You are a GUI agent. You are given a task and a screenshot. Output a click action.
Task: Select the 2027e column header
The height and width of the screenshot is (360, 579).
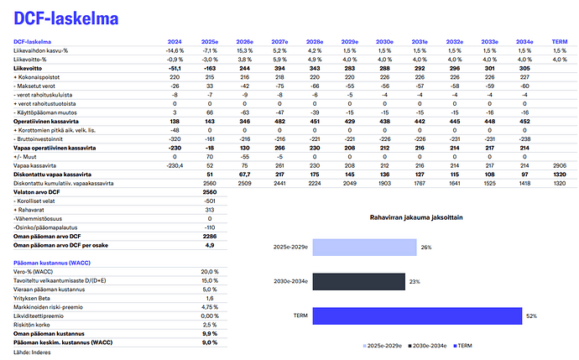pos(279,41)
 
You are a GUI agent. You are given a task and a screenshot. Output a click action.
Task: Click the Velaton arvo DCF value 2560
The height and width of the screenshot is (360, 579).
pos(210,192)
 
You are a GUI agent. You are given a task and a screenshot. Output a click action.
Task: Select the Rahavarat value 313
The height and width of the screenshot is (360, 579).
pos(210,210)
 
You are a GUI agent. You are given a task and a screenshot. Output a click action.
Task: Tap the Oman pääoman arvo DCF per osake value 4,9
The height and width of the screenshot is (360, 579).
pos(211,245)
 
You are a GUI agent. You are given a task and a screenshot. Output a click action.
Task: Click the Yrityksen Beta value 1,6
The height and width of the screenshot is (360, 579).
pos(210,298)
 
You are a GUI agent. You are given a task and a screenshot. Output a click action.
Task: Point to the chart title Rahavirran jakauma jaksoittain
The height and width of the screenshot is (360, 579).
pos(417,217)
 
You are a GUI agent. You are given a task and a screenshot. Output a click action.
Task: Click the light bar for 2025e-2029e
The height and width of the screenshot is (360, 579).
pos(368,248)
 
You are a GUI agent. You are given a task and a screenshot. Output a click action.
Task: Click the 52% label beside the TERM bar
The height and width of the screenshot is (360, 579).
pos(532,316)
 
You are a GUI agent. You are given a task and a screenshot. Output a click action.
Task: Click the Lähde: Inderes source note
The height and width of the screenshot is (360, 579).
pos(33,352)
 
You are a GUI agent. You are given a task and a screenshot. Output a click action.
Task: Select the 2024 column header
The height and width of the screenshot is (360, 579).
pos(175,41)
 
